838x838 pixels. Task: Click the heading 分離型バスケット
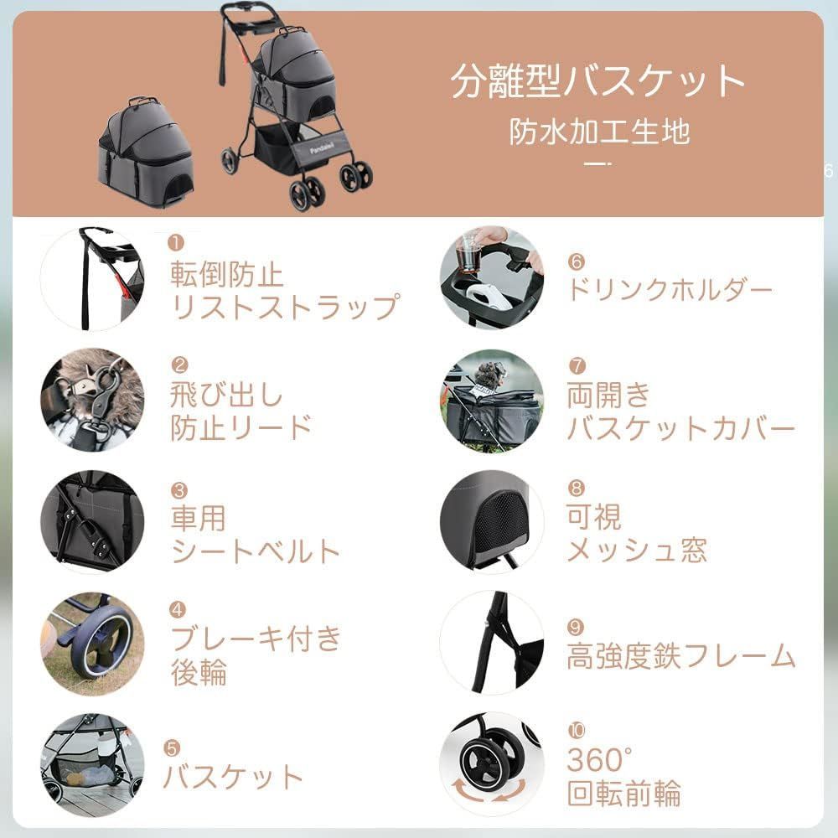pos(597,82)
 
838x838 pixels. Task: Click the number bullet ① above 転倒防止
pos(175,243)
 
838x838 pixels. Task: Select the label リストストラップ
pos(284,306)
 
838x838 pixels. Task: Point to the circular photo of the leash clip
pos(92,401)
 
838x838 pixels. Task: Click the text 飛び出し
pos(226,395)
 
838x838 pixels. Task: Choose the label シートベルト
pos(256,551)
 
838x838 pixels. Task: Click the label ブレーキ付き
pos(256,639)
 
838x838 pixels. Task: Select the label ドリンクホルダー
pos(670,290)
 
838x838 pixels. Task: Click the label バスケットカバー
pos(680,429)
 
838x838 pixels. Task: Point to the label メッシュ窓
pos(637,550)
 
